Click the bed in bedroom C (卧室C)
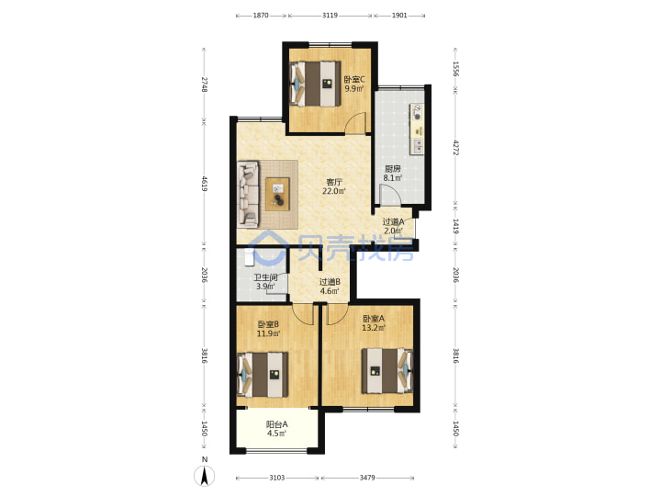pos(315,84)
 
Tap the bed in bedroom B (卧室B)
pos(263,375)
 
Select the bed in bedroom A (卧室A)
pos(387,371)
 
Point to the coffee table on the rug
pos(277,194)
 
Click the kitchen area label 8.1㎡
pos(392,178)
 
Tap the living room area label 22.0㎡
pos(334,191)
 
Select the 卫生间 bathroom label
pos(265,277)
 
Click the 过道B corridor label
pos(330,282)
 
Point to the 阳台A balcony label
pos(276,424)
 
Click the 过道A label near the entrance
pos(393,221)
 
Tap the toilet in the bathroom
pos(249,257)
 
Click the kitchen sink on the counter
pos(418,146)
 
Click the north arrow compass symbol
pos(205,476)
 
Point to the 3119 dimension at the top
pos(330,16)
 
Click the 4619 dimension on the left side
pos(204,184)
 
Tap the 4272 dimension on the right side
pos(455,148)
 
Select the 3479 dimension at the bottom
pos(367,478)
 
